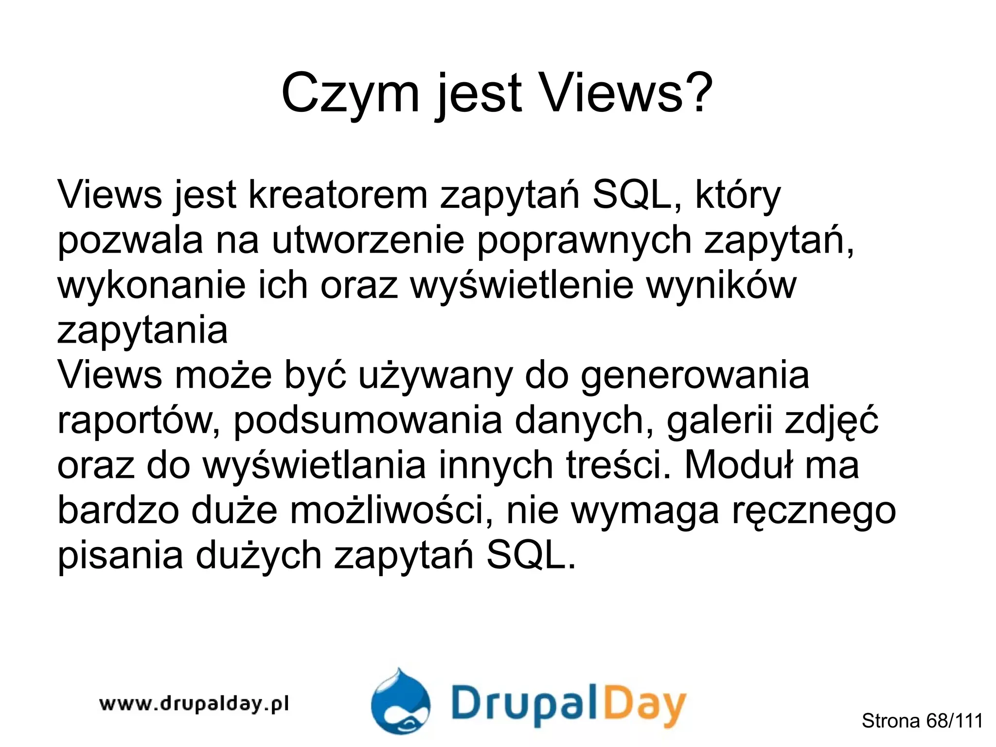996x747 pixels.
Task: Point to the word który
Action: tap(737, 195)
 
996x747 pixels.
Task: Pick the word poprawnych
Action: tap(584, 240)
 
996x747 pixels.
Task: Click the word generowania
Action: tap(695, 376)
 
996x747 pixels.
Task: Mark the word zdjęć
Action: tap(832, 420)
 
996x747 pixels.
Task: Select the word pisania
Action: tap(121, 556)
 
